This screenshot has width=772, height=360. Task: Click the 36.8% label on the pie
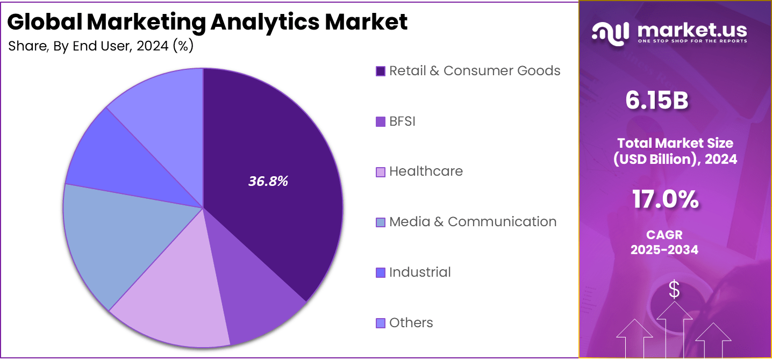click(x=268, y=182)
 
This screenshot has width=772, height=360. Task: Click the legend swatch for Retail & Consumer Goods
click(x=381, y=71)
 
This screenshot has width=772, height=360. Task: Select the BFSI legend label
click(x=402, y=121)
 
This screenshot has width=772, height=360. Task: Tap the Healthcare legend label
click(x=426, y=171)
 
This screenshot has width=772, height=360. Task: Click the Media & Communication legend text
click(x=473, y=222)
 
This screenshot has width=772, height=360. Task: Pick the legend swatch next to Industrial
click(x=381, y=273)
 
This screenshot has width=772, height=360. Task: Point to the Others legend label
click(x=411, y=323)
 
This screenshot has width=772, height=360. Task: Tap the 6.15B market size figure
click(x=656, y=100)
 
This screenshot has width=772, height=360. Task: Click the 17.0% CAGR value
click(x=665, y=200)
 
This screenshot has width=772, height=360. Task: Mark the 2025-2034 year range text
click(x=664, y=250)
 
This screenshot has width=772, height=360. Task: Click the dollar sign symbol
click(x=674, y=290)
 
